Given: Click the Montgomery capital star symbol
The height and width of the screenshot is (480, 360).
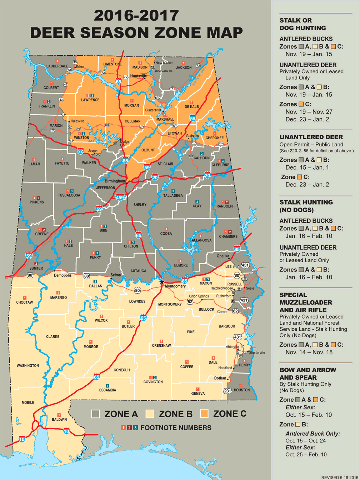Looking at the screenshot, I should click(x=162, y=282).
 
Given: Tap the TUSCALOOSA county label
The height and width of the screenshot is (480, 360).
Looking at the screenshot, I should click(x=69, y=195).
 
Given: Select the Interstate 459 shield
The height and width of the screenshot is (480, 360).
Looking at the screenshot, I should click(x=120, y=197).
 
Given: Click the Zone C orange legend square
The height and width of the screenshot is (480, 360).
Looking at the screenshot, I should click(x=204, y=414).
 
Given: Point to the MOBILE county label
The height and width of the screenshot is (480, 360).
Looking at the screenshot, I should click(x=28, y=402).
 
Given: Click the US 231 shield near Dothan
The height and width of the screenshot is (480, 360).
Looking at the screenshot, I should click(x=227, y=391).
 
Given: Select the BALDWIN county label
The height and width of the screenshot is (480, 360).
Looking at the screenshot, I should click(x=59, y=419).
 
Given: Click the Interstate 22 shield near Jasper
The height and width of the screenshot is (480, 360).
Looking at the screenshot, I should click(x=80, y=151).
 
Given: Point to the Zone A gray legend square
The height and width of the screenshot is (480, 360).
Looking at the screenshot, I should click(x=96, y=414).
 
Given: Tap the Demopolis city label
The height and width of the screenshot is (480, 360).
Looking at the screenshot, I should click(x=62, y=275).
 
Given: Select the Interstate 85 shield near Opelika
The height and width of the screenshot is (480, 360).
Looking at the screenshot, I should click(x=237, y=249).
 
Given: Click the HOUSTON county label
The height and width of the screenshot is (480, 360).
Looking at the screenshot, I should click(x=242, y=390).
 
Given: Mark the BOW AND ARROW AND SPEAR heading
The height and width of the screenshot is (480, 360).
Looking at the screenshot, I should click(x=307, y=374).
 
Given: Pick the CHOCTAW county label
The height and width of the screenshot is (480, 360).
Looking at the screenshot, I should click(x=25, y=302).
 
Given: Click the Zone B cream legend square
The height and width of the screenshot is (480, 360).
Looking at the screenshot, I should click(x=150, y=414).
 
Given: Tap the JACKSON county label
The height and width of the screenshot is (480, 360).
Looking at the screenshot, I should click(x=184, y=67).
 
